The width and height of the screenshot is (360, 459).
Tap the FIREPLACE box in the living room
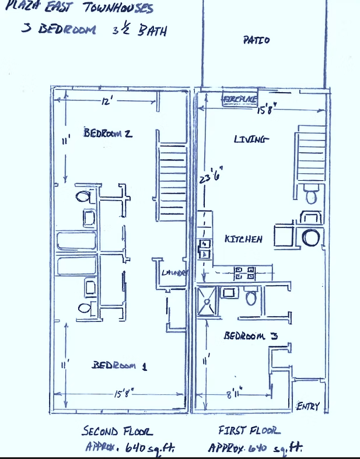click(239, 100)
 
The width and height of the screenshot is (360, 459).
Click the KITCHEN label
click(243, 239)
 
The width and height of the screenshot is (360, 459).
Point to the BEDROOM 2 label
click(108, 132)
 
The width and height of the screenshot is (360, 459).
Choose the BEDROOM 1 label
click(120, 365)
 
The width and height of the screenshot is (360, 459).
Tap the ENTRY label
click(307, 406)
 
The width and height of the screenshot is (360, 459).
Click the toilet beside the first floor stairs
click(311, 195)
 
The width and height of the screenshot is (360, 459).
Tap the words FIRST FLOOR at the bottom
click(249, 431)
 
